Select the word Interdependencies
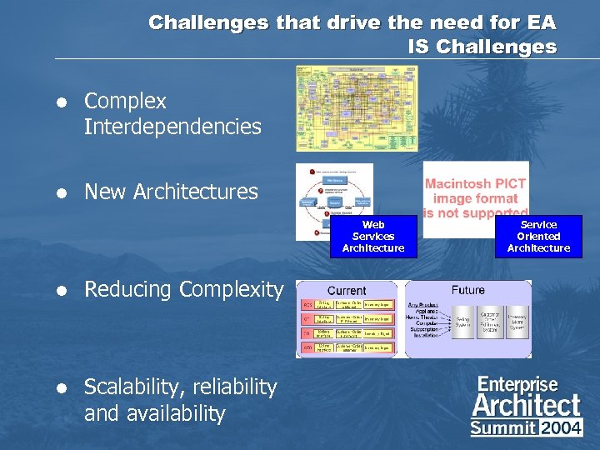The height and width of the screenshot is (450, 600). click(172, 127)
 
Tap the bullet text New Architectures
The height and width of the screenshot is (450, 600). click(171, 192)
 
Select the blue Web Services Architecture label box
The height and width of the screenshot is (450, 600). click(373, 237)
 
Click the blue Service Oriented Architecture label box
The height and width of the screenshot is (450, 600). click(538, 237)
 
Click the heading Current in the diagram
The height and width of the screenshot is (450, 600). click(347, 290)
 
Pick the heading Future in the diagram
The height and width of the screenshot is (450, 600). click(467, 290)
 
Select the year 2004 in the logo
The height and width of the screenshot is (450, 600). click(561, 428)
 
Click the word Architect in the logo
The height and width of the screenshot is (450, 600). click(526, 406)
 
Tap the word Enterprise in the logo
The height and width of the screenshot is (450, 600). click(517, 384)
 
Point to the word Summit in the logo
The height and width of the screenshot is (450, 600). click(503, 428)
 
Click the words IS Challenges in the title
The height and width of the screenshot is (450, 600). click(482, 47)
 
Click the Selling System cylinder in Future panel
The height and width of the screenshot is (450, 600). click(464, 322)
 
